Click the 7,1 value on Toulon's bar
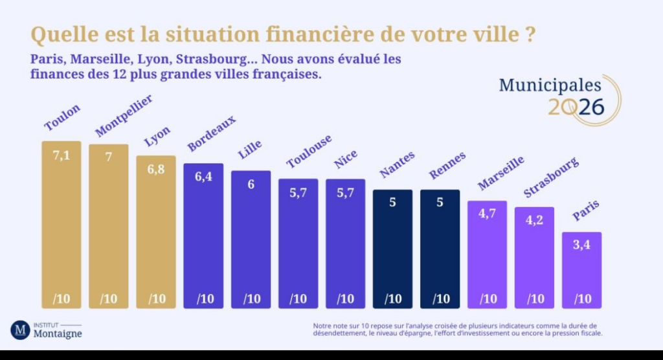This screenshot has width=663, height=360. [62, 155]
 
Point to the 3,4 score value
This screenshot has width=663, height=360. [581, 245]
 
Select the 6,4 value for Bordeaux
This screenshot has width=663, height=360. [203, 177]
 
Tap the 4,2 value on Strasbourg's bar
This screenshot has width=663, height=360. [534, 221]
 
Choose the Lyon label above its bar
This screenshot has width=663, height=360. [157, 137]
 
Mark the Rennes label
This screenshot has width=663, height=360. [444, 165]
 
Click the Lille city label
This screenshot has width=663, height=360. [250, 150]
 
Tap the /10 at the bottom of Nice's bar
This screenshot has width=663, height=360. [345, 298]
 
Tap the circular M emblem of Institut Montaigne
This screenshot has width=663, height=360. [20, 330]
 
